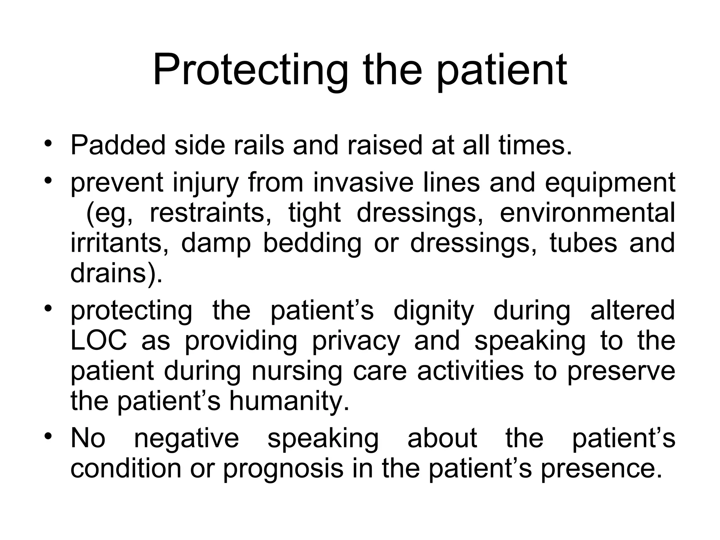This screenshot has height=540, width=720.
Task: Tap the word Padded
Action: tap(118, 145)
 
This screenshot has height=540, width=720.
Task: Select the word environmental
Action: tap(587, 213)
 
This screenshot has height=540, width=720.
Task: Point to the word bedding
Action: tap(312, 244)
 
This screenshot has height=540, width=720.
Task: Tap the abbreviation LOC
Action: tap(99, 340)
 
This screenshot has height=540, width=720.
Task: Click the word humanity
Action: tap(289, 401)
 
